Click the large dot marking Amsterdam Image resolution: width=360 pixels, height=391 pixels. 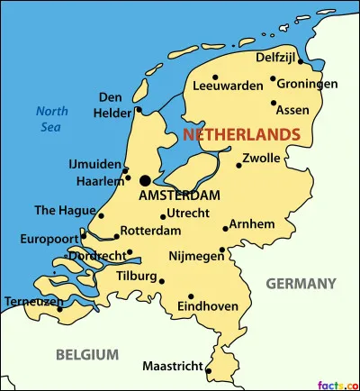(145, 180)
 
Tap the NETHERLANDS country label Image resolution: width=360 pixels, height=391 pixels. (241, 134)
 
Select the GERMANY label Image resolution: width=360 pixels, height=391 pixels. (301, 284)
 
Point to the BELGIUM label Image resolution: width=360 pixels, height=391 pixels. (86, 354)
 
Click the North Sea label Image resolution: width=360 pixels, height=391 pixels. (52, 120)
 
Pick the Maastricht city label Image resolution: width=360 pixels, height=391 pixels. (171, 366)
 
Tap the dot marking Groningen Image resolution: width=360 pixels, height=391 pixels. (273, 78)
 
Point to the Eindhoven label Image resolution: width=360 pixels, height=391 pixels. (208, 306)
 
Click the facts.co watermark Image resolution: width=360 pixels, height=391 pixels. (338, 384)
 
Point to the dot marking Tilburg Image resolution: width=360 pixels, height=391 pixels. (162, 280)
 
